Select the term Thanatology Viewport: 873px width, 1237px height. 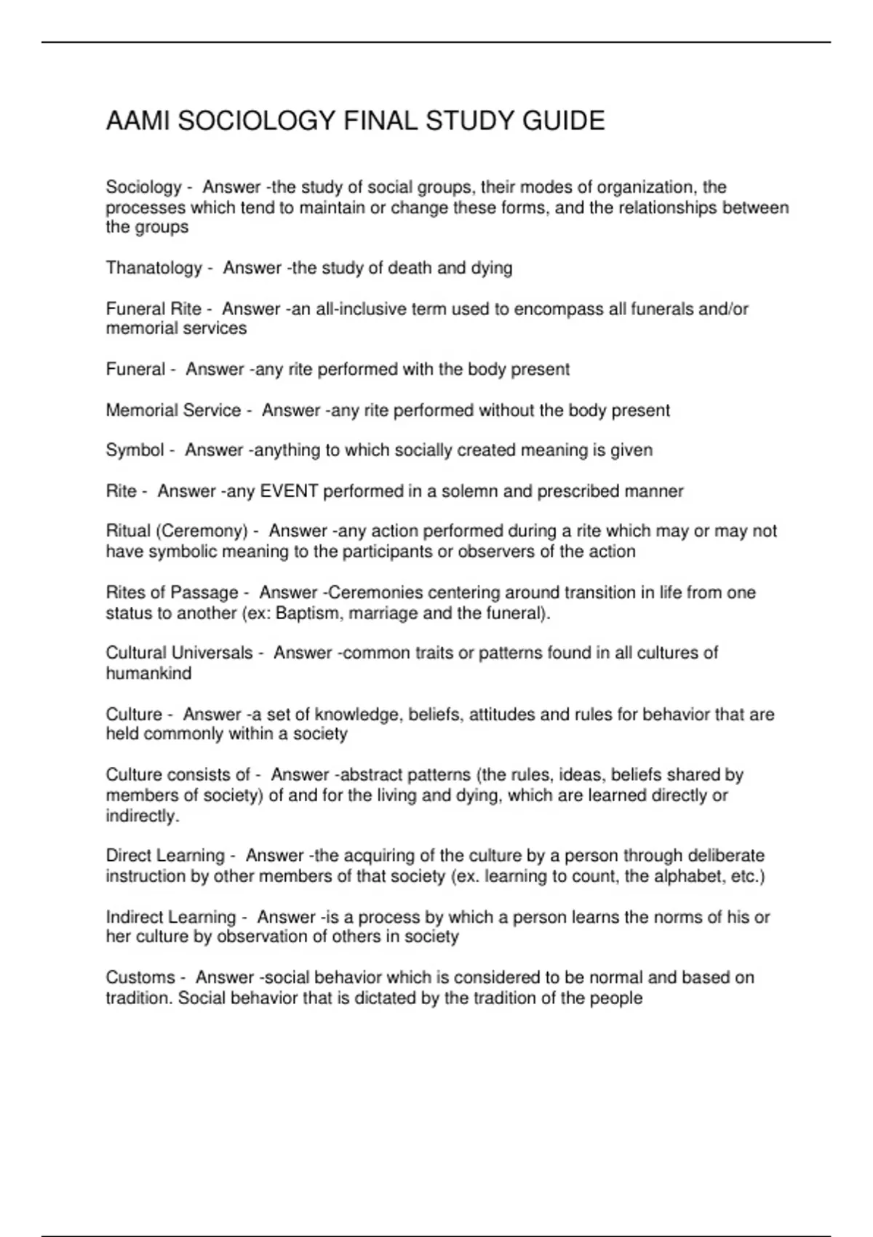(x=154, y=269)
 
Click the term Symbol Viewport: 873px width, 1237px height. (x=135, y=450)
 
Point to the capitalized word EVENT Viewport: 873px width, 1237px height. (x=289, y=492)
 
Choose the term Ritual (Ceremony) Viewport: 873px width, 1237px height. (x=177, y=532)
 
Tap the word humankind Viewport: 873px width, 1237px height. (x=148, y=674)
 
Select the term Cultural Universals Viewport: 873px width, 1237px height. (x=179, y=653)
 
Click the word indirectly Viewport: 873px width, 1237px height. (x=141, y=816)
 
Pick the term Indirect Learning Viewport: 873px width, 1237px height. (x=171, y=918)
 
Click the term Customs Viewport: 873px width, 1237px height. (x=140, y=978)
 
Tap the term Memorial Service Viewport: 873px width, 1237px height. (x=173, y=410)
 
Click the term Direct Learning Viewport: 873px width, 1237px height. (x=165, y=856)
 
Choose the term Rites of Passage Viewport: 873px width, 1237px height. (x=172, y=593)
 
